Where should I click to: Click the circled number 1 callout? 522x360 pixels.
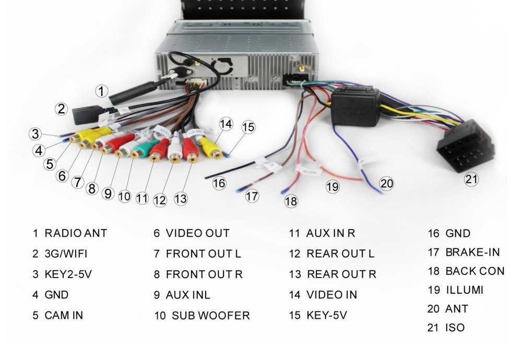[x=101, y=91]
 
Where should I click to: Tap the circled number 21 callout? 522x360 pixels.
[x=471, y=179]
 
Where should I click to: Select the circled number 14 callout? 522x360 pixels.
[x=225, y=124]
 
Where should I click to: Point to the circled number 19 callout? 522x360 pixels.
[x=333, y=186]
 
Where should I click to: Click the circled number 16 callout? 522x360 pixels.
[x=219, y=184]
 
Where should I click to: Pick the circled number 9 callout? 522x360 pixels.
[x=108, y=193]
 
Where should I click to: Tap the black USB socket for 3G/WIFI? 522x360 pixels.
[x=85, y=114]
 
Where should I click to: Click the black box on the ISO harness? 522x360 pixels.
[x=355, y=106]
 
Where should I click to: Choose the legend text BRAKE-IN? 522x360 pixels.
[x=472, y=253]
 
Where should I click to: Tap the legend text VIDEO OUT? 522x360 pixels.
[x=197, y=233]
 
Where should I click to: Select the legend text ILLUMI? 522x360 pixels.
[x=464, y=290]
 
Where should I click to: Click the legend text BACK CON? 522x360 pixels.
[x=474, y=271]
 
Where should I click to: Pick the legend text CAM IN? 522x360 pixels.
[x=64, y=316]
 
